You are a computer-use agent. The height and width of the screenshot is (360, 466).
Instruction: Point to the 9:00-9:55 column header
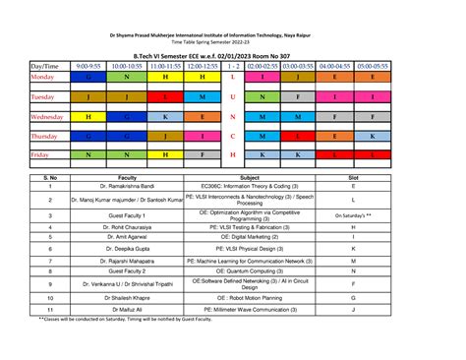coord(88,65)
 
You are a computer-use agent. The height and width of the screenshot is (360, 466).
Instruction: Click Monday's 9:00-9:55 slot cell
coord(88,76)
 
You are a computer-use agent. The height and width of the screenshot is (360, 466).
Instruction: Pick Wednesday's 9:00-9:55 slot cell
coord(88,116)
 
